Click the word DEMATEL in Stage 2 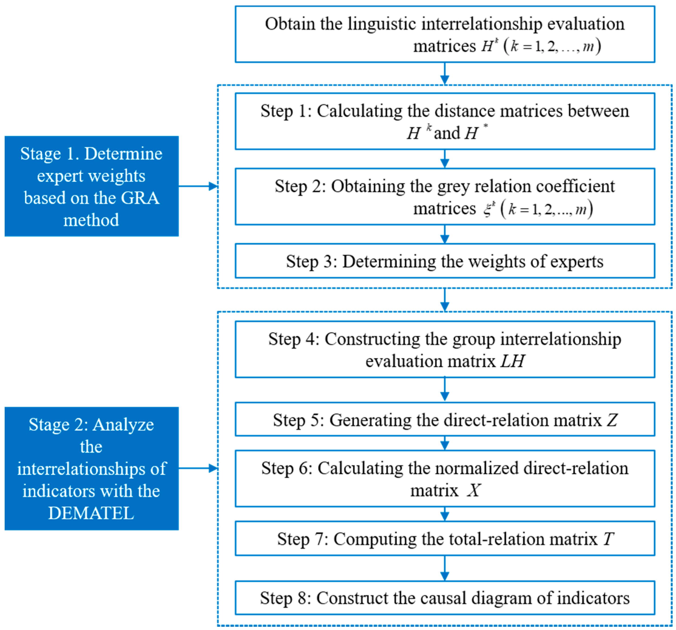pyautogui.click(x=91, y=513)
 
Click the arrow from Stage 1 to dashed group pyautogui.click(x=198, y=186)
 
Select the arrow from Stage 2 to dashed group pyautogui.click(x=198, y=468)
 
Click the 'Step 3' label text pyautogui.click(x=311, y=261)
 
